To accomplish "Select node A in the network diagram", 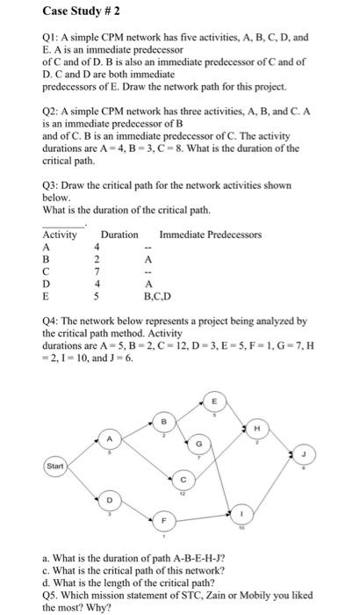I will tap(110, 438).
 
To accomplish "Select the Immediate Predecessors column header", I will tap(210, 235).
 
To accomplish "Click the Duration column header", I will tap(119, 235).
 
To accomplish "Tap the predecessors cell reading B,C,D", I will tap(151, 297).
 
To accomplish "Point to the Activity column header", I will tap(60, 235).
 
